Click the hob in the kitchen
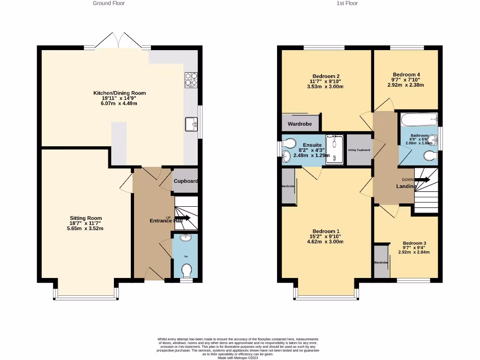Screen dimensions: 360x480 (x=191, y=80)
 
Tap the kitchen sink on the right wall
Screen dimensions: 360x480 (x=191, y=125)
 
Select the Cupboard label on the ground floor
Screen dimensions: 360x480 (x=186, y=181)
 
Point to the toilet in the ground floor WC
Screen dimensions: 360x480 (x=186, y=271)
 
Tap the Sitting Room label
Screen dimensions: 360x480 (x=86, y=218)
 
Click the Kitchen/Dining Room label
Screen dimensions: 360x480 (x=120, y=93)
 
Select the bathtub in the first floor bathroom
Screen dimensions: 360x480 (x=419, y=120)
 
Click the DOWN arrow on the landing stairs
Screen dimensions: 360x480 (x=422, y=180)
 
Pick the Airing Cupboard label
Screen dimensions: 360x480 (x=359, y=150)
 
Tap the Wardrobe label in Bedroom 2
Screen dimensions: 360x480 (x=300, y=125)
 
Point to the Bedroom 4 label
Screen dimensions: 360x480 (x=406, y=75)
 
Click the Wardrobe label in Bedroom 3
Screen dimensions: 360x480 (x=381, y=262)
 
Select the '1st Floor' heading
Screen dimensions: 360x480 (x=347, y=3)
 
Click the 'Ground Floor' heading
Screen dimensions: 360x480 (x=109, y=3)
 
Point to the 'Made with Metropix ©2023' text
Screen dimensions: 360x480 (x=238, y=358)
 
